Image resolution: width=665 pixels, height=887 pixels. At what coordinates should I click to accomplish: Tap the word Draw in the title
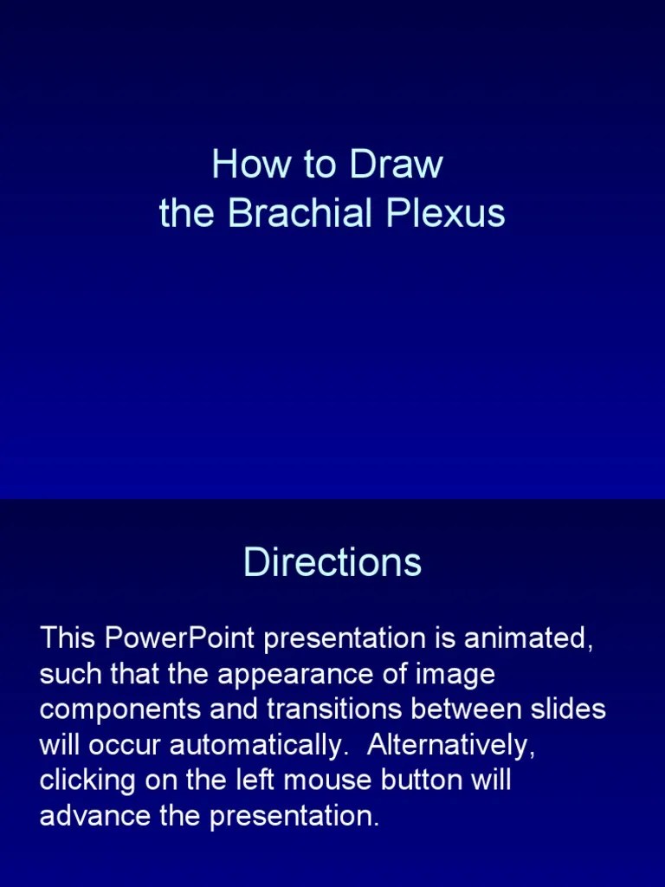pyautogui.click(x=397, y=165)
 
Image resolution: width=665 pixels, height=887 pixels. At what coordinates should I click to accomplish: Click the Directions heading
pyautogui.click(x=332, y=562)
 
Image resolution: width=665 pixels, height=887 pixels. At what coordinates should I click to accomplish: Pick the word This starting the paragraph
pyautogui.click(x=68, y=638)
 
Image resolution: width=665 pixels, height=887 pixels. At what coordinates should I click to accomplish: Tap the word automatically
pyautogui.click(x=251, y=746)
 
